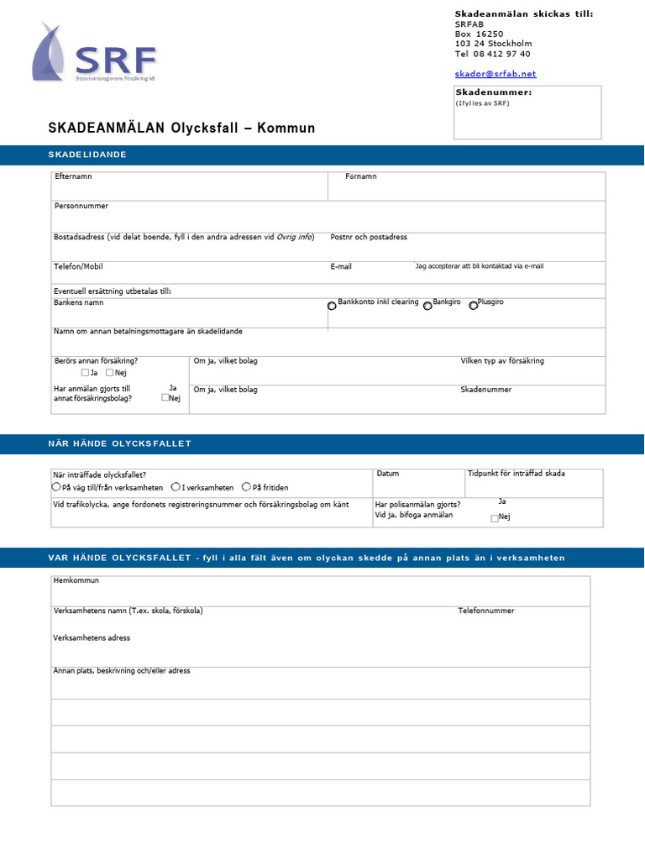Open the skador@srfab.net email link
coord(496,74)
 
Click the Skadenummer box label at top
coord(493,92)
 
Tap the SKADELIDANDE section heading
coord(87,155)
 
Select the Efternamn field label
coord(73,177)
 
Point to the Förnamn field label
coord(361,177)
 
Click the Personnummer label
coord(81,206)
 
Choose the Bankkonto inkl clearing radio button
coord(332,306)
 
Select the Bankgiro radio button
coord(427,306)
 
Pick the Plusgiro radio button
coord(473,306)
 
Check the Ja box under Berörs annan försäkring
coord(85,372)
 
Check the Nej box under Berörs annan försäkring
coord(110,372)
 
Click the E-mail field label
coord(341,267)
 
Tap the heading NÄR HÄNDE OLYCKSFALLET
coord(120,443)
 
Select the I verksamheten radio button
coord(176,486)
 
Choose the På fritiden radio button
coord(246,486)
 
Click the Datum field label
coord(388,474)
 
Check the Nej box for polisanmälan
coord(495,518)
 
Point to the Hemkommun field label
coord(76,580)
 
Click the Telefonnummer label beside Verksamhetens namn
coord(486,611)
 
